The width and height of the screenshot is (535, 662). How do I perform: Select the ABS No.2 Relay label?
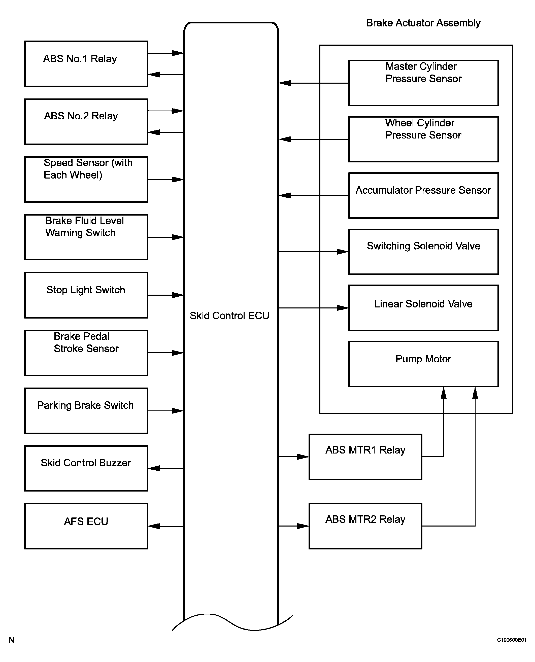81,116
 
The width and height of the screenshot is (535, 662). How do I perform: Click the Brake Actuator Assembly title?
423,23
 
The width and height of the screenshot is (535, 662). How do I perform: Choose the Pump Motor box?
423,364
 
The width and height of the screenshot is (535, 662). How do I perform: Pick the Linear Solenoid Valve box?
423,308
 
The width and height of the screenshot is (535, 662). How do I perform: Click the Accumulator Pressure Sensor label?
423,190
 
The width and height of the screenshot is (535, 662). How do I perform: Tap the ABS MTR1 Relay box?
365,457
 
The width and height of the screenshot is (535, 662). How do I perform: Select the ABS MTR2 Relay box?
365,526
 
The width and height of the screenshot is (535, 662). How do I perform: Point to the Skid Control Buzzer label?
86,463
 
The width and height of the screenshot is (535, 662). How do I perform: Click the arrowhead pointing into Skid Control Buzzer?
154,468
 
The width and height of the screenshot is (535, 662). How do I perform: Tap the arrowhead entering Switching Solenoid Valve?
343,252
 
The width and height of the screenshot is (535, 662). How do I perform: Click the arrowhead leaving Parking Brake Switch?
178,411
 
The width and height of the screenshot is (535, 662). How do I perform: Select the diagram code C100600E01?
511,640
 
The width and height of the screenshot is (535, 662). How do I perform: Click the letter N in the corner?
12,640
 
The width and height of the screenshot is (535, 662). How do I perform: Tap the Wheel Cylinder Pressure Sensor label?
423,129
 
